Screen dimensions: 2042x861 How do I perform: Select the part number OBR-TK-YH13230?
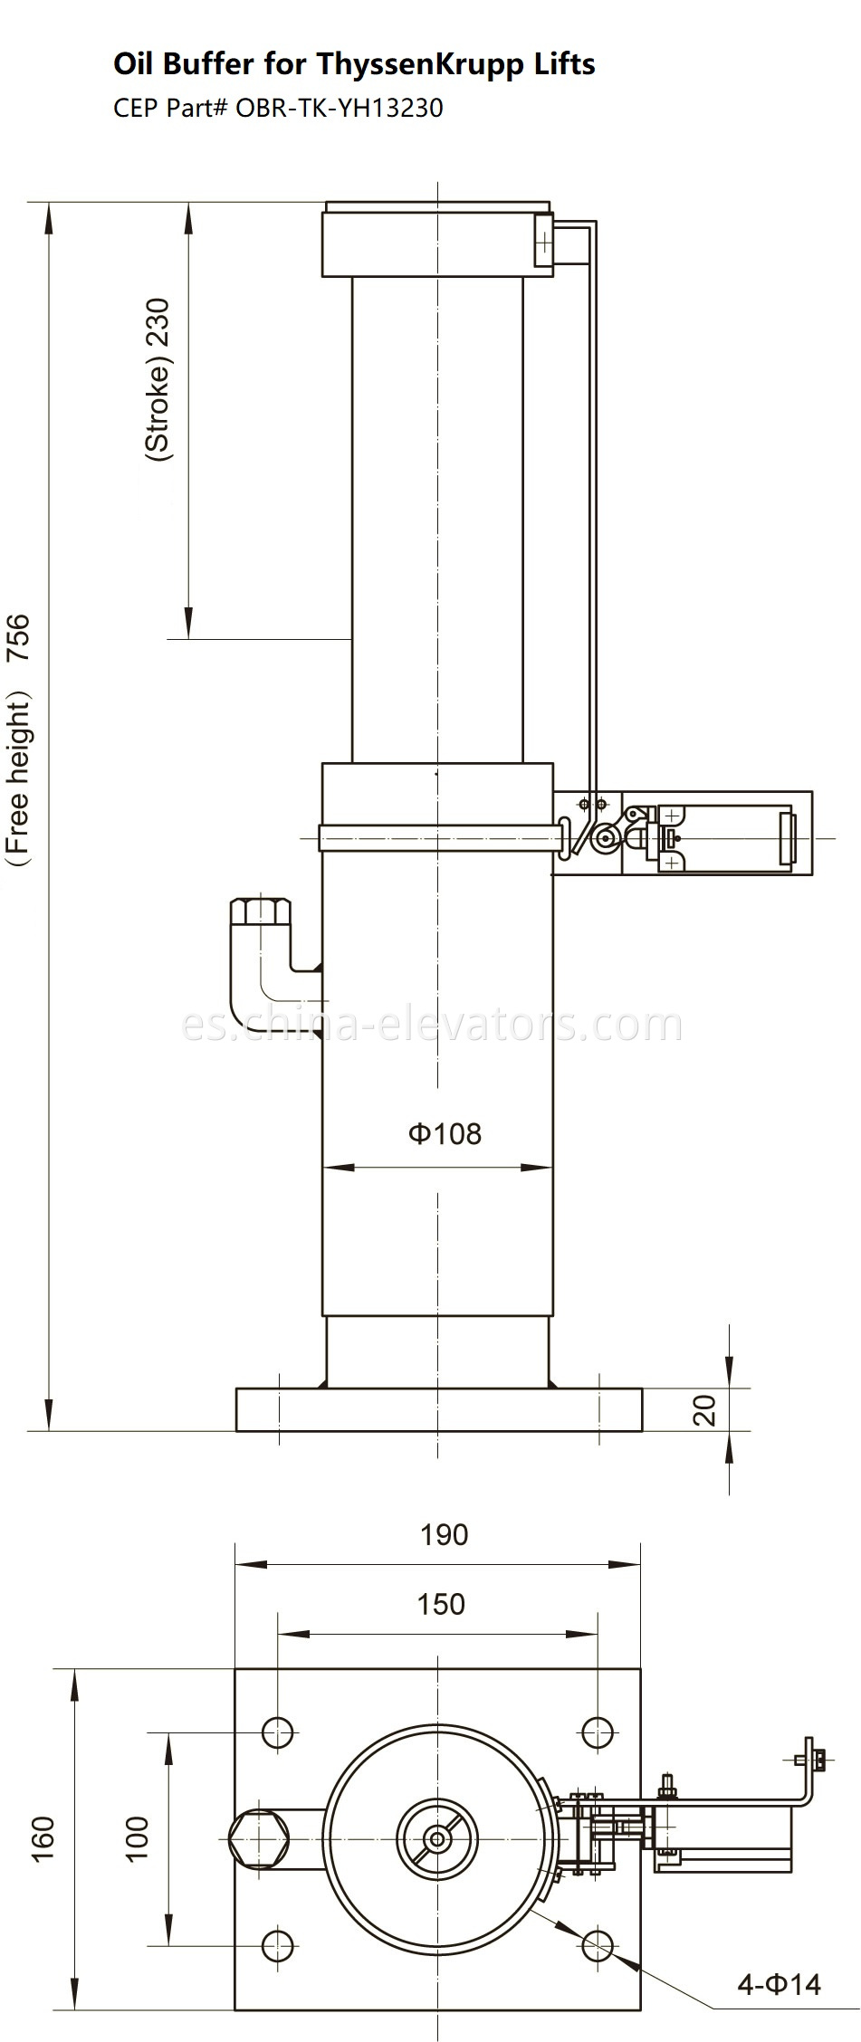coord(340,109)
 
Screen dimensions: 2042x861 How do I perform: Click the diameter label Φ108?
coord(445,1133)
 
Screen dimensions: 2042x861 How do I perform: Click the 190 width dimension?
coord(445,1534)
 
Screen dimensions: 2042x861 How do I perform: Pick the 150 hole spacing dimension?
coord(441,1603)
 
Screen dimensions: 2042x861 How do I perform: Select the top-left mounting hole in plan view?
coord(278,1732)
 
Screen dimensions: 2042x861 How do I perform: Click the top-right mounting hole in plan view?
coord(598,1732)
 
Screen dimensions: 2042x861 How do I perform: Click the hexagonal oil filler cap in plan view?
coord(259,1838)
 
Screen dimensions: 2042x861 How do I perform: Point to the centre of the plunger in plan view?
coord(438,1838)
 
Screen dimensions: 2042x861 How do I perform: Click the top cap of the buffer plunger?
coord(436,239)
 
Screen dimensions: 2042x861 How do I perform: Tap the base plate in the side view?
coord(439,1409)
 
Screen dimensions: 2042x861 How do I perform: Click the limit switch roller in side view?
coord(599,842)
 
